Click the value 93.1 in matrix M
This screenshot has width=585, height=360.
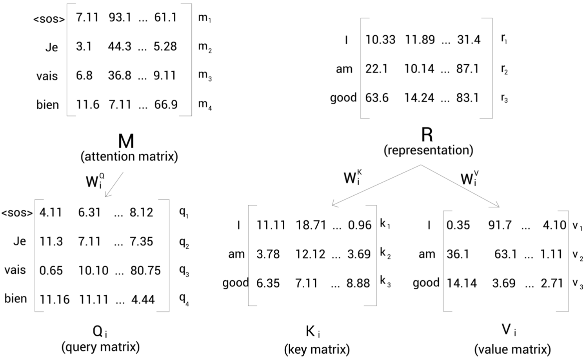tap(120, 18)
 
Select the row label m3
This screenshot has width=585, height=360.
tap(205, 75)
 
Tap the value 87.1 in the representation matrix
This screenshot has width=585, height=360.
tap(467, 69)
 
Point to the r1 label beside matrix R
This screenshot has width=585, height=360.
tap(504, 39)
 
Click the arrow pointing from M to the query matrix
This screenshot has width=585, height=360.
tap(114, 184)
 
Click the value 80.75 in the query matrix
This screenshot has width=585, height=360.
tap(145, 270)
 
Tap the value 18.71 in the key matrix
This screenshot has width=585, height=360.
tap(311, 225)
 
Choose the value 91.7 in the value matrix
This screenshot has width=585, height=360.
tap(500, 225)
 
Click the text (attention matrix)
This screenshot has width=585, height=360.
tap(129, 156)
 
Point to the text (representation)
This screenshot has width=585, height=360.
tap(428, 150)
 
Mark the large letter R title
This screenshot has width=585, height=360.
tap(427, 135)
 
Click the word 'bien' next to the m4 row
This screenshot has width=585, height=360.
tap(47, 105)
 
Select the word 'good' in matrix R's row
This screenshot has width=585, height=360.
tap(343, 98)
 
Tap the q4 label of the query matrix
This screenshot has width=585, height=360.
tap(184, 299)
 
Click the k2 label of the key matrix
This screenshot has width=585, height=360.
tap(385, 254)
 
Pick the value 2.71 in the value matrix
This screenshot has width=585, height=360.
tap(552, 283)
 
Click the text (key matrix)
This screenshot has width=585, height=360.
tap(317, 349)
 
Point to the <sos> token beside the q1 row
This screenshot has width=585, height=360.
tap(17, 213)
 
